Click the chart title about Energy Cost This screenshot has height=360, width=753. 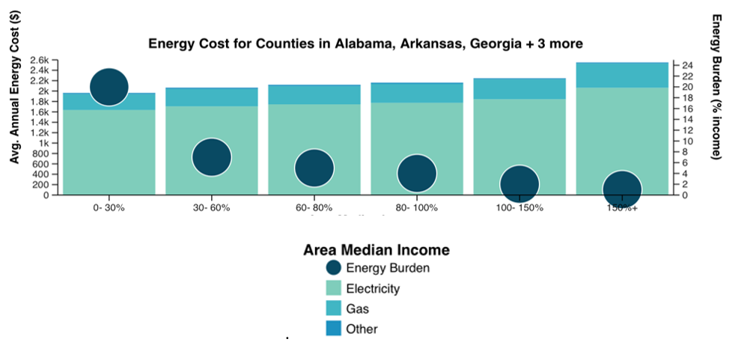365,43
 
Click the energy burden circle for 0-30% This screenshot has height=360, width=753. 109,87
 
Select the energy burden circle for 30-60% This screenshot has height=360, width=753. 212,157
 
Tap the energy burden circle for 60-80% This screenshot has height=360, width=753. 314,168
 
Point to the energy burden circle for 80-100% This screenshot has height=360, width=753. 417,174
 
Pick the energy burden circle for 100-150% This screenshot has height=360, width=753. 519,184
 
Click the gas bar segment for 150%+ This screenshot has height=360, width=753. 622,75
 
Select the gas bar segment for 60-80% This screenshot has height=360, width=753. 314,94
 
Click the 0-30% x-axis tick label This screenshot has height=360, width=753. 109,208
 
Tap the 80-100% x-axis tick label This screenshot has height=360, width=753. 417,208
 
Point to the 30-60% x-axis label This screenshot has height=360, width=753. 212,208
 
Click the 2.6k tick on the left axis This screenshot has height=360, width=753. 40,60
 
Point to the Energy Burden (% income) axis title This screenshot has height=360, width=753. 716,87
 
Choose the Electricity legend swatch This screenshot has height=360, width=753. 334,288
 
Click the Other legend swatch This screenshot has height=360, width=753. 334,329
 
